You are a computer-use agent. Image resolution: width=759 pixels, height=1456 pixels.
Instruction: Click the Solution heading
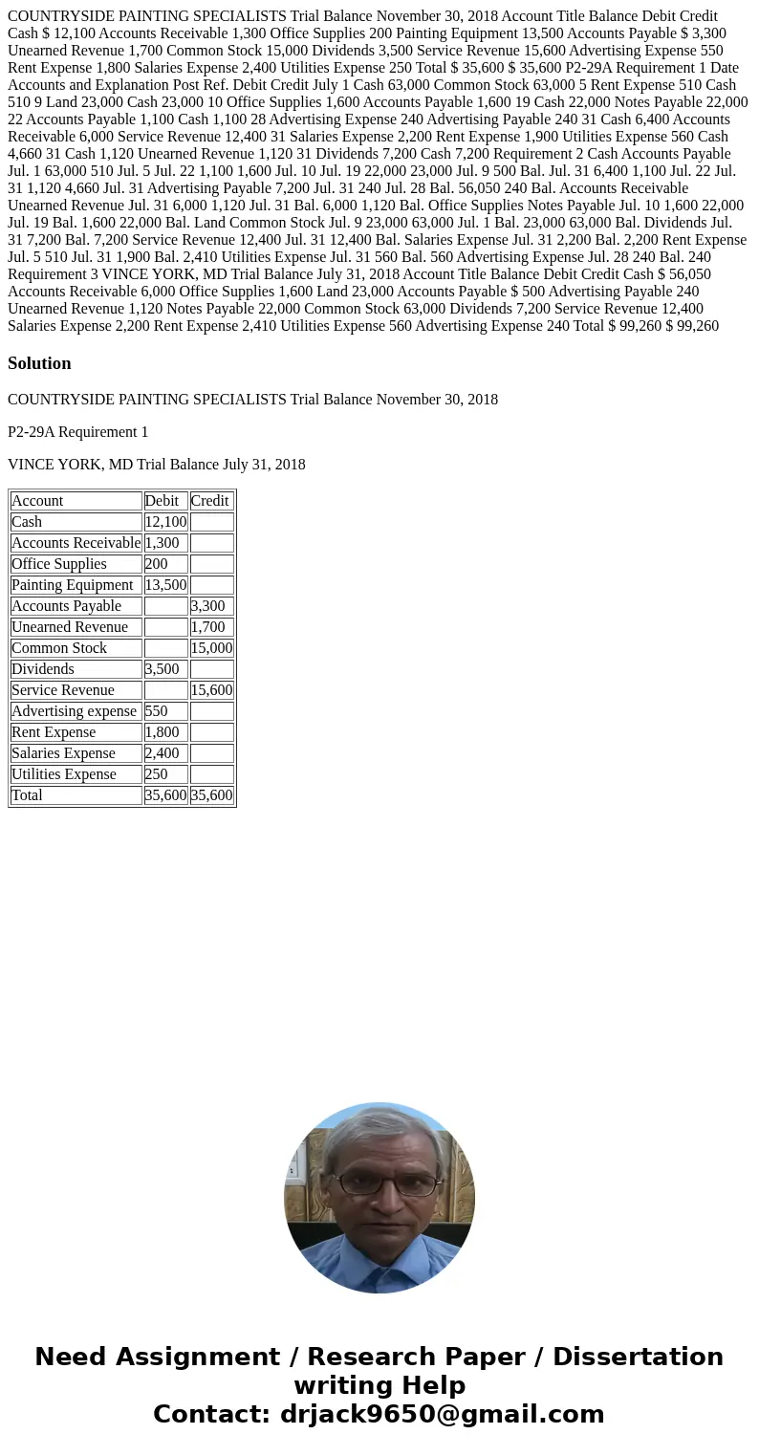[x=39, y=363]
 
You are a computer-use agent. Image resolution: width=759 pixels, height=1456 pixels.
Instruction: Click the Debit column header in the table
[x=162, y=501]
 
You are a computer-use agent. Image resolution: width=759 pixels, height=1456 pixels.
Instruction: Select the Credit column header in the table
[x=209, y=501]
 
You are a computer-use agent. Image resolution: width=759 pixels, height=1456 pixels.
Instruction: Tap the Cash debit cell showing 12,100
[x=165, y=522]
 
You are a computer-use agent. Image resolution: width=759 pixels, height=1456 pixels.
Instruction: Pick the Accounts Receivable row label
[x=76, y=543]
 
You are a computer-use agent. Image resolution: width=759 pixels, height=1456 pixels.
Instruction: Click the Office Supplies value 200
[x=156, y=564]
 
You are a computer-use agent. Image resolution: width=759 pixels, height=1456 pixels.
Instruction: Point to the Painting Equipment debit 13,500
[x=165, y=585]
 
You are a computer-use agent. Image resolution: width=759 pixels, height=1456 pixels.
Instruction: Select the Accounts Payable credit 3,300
[x=207, y=606]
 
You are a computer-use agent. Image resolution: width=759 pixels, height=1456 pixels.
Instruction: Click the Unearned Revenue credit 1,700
[x=207, y=627]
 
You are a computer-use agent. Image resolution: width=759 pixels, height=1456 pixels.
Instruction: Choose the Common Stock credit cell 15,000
[x=211, y=648]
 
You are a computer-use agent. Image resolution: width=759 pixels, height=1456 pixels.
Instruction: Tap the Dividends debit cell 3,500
[x=162, y=669]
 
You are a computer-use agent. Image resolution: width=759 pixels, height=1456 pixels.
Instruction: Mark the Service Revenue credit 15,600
[x=211, y=690]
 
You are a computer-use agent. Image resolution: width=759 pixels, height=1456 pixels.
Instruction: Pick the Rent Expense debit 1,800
[x=162, y=732]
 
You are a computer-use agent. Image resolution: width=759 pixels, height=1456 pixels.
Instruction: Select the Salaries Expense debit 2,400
[x=162, y=753]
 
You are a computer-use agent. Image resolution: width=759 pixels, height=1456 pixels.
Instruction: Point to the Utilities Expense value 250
[x=156, y=774]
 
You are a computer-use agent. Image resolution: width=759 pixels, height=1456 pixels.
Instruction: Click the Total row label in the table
[x=27, y=795]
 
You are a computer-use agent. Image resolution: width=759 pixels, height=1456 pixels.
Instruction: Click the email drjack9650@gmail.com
[x=442, y=1414]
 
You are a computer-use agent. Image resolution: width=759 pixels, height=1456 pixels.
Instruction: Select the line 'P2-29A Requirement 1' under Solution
[x=77, y=432]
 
